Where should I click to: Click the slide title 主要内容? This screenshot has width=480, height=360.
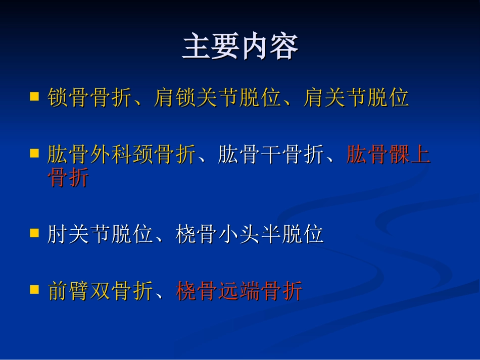coord(240,47)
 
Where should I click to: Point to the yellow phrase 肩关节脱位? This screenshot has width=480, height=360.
coord(356,97)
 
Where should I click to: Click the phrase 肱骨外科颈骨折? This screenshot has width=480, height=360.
coord(121,155)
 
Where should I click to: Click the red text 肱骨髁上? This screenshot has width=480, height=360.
coord(388,155)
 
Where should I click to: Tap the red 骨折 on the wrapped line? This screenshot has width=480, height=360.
coord(68,177)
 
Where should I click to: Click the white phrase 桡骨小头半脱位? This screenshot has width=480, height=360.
coord(250,234)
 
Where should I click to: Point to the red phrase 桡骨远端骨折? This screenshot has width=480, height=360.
coord(239,291)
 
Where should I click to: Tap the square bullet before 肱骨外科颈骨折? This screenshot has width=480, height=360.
coord(34,152)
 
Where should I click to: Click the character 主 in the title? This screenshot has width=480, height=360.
coord(197,47)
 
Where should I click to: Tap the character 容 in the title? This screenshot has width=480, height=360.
coord(284,47)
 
